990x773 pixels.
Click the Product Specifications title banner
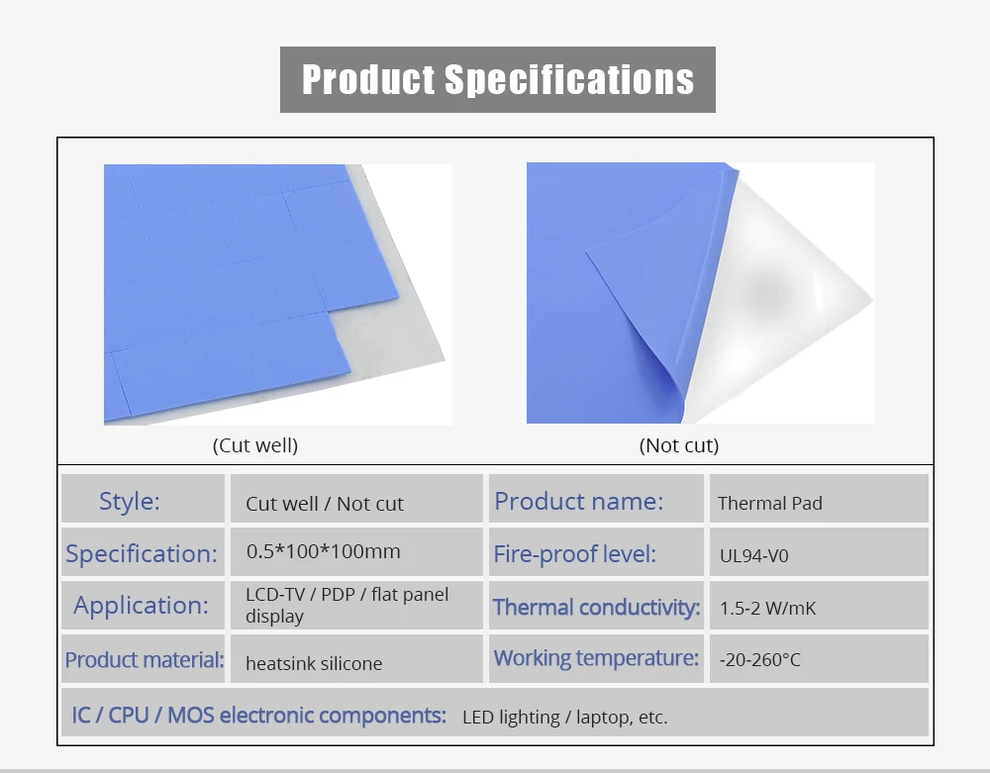tap(497, 79)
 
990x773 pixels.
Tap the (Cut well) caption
tap(255, 445)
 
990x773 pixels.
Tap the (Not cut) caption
tap(679, 445)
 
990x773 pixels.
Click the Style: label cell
tap(130, 501)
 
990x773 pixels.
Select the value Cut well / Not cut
tap(325, 504)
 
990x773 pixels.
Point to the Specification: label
tap(142, 553)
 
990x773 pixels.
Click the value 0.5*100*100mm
tap(323, 551)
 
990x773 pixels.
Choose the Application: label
tap(142, 605)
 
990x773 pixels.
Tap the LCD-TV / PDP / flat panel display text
tap(346, 605)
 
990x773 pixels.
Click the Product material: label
tap(145, 659)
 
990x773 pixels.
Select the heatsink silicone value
tap(314, 663)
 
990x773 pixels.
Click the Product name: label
tap(579, 501)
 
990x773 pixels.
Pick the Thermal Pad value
tap(770, 503)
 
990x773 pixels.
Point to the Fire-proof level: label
tap(575, 553)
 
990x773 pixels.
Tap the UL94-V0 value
tap(754, 555)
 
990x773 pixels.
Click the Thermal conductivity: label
tap(597, 607)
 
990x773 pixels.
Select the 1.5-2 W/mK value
tap(768, 608)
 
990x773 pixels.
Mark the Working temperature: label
tap(596, 657)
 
